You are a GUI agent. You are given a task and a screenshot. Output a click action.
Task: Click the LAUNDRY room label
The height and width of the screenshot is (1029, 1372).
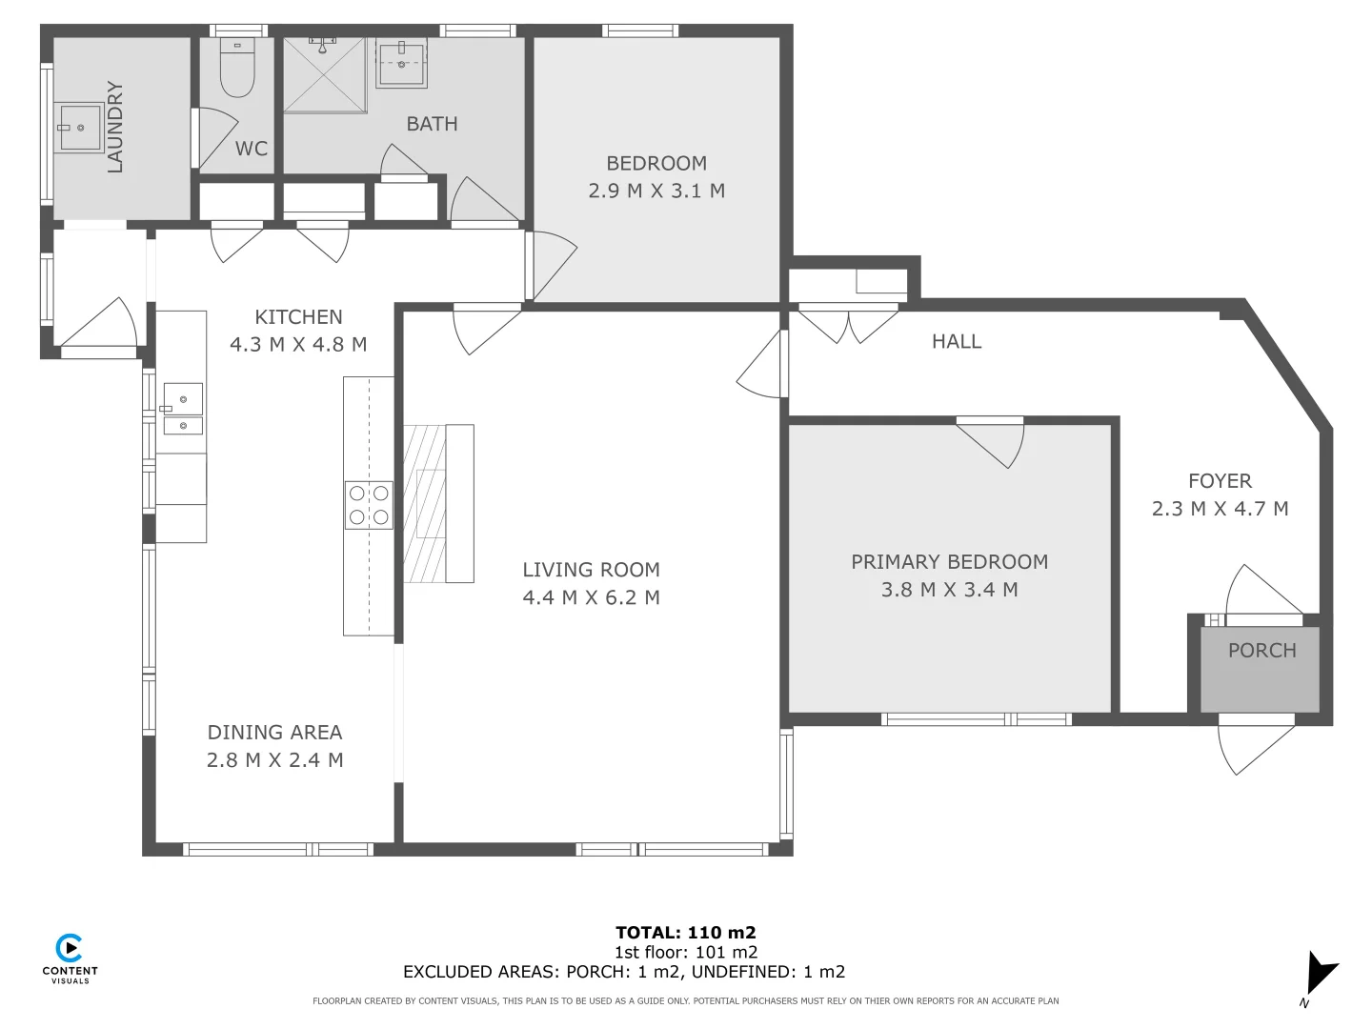point(115,128)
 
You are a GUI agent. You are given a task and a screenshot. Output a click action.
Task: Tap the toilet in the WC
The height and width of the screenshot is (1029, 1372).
point(237,70)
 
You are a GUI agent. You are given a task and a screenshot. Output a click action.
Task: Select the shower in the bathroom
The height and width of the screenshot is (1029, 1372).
point(325,74)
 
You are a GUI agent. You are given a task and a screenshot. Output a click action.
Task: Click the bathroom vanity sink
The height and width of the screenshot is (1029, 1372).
point(401,62)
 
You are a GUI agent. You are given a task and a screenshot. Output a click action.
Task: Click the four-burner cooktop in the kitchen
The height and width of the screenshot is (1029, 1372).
point(369,505)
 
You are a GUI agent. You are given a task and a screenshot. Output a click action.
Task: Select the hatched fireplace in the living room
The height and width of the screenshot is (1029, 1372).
point(425,503)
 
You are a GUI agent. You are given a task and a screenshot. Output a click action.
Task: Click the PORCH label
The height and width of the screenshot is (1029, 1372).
point(1261,651)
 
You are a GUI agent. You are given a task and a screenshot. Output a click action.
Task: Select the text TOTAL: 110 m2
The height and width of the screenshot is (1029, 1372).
point(685,933)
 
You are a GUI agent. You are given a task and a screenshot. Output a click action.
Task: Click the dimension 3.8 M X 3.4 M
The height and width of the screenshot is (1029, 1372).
point(949,590)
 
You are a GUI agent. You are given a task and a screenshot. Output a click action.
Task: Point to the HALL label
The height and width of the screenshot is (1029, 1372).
point(956,341)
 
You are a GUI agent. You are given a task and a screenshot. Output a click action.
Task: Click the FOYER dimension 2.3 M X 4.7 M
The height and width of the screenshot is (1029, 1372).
point(1220,509)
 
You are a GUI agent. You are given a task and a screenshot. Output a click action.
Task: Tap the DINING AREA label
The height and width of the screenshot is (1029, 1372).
point(274,732)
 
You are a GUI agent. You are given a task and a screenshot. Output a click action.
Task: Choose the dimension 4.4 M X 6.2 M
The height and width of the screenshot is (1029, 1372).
point(591,597)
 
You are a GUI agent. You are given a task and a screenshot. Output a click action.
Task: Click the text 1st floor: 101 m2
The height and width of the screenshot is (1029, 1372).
point(685,952)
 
